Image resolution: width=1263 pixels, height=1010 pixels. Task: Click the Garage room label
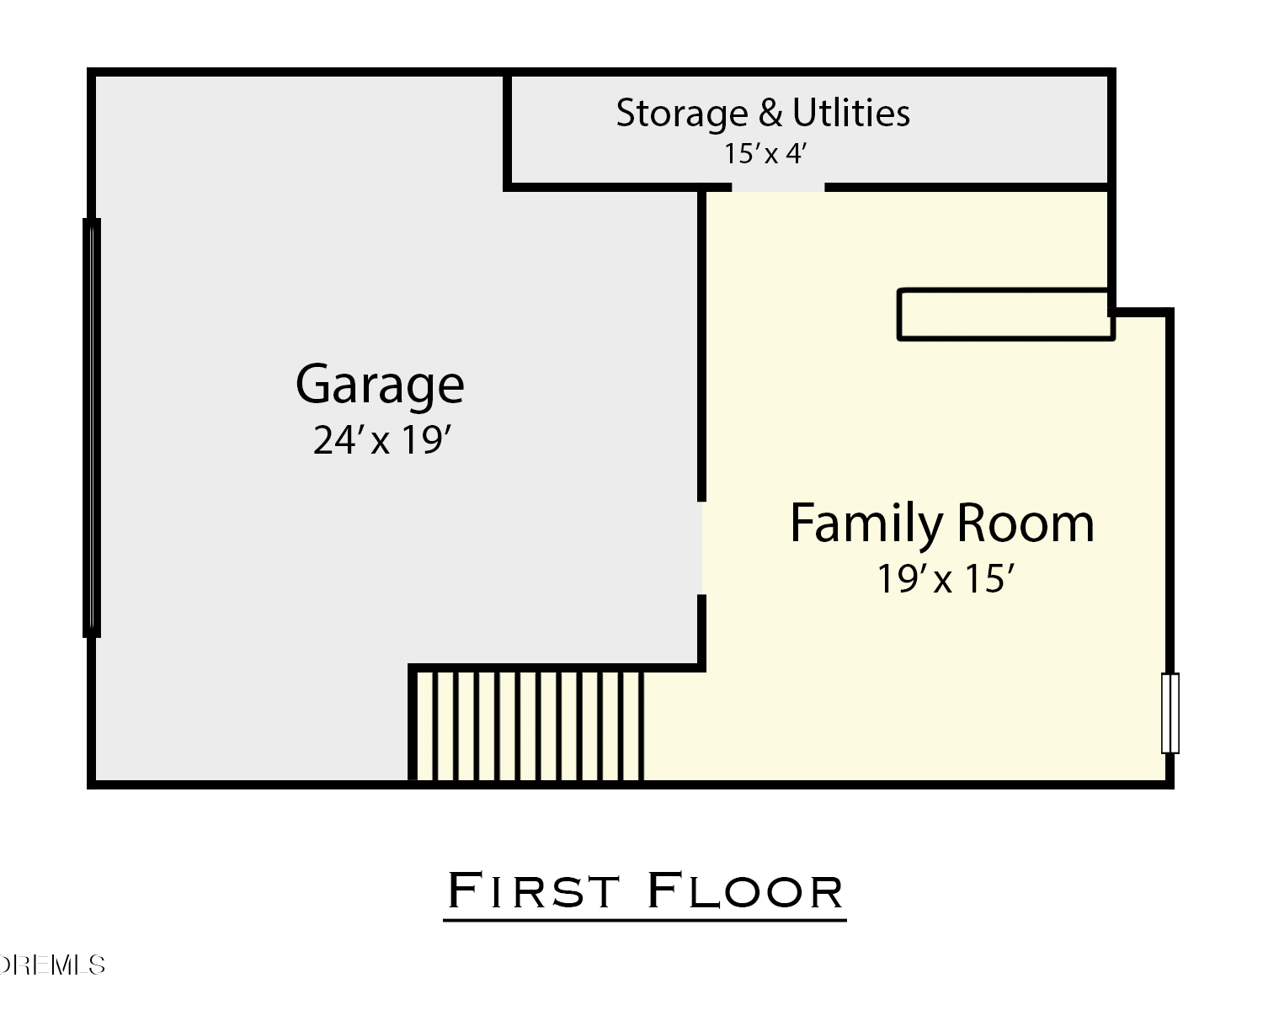(380, 385)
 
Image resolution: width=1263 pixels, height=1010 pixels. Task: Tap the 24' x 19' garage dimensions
(382, 440)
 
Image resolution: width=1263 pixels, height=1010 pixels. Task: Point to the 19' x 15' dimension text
(946, 579)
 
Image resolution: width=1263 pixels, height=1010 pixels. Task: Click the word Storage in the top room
(682, 114)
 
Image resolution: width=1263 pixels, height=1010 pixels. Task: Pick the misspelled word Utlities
(851, 112)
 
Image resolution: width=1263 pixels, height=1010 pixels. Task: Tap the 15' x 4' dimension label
(766, 154)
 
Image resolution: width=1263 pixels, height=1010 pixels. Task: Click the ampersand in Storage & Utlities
(770, 113)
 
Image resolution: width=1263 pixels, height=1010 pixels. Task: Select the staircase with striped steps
(528, 726)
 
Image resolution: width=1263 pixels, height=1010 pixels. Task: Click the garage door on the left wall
(92, 428)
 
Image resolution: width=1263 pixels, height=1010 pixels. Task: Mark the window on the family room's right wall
(1170, 713)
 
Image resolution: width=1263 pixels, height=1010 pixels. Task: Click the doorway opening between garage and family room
(701, 548)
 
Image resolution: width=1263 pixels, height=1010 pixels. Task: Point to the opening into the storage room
(778, 187)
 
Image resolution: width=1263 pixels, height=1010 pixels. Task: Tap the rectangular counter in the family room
(1005, 314)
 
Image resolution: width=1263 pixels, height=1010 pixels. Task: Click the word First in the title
(533, 890)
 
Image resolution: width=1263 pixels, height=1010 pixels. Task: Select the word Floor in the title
(745, 890)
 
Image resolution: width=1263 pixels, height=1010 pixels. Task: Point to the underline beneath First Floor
(644, 920)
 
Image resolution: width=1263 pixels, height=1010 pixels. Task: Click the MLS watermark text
(51, 965)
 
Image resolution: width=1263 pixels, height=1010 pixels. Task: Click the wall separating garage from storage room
(507, 130)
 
